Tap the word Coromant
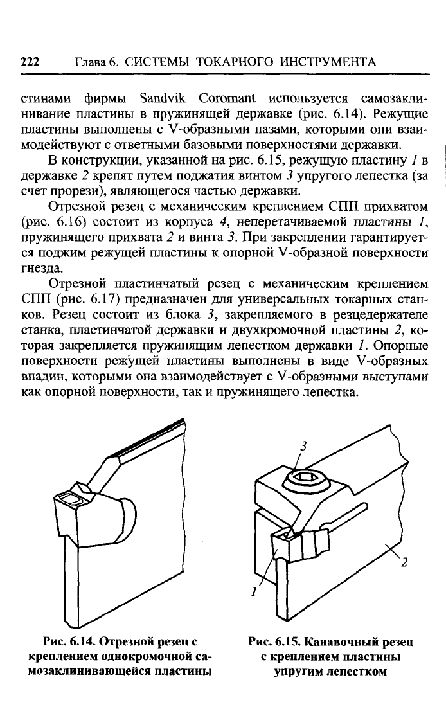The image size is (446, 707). tap(227, 99)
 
